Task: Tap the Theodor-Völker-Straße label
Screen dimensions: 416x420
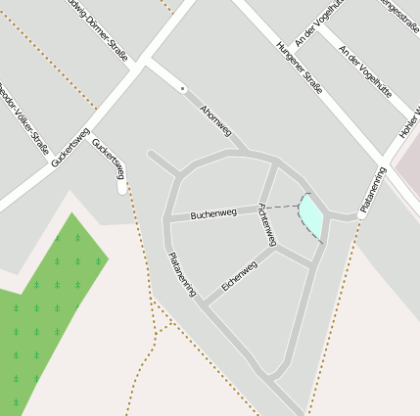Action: [x=23, y=118]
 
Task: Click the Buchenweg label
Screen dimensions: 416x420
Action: [x=213, y=212]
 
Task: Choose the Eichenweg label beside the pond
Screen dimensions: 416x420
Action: [x=266, y=224]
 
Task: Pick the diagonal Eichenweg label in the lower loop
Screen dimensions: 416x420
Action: [x=239, y=275]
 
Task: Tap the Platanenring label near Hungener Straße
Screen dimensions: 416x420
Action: [x=372, y=190]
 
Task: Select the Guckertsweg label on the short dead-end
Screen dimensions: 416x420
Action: [x=109, y=159]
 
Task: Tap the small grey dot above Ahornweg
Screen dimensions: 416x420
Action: [x=183, y=89]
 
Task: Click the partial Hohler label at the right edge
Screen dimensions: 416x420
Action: [x=408, y=121]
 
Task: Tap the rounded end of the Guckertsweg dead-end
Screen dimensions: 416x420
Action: [x=121, y=188]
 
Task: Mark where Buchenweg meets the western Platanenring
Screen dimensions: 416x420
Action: [x=167, y=221]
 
